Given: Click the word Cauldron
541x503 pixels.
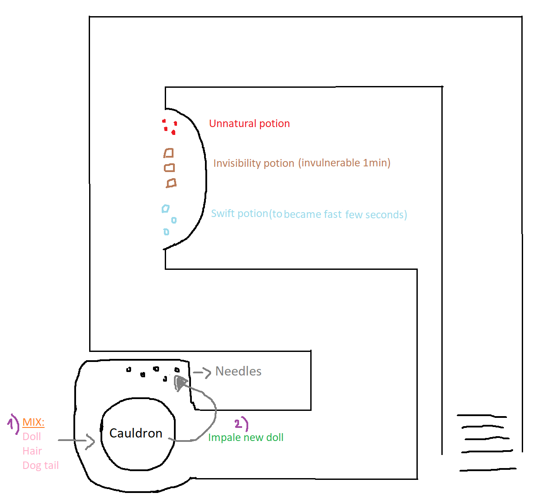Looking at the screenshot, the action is tap(135, 433).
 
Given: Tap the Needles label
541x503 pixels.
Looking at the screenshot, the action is tap(238, 371).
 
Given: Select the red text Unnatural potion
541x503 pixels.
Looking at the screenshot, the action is tap(249, 124).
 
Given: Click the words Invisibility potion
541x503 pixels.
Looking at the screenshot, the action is tap(253, 163).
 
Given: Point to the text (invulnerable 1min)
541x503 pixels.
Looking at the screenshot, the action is tap(344, 163).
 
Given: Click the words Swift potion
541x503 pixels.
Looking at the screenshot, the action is tap(240, 214).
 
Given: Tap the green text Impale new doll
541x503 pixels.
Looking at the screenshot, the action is tap(246, 438).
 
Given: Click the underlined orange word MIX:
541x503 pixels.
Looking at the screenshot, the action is tap(33, 422).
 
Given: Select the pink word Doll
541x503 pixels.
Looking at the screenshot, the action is tap(31, 437).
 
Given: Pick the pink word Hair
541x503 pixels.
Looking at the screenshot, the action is tap(32, 451).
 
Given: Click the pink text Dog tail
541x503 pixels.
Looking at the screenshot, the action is tap(41, 465).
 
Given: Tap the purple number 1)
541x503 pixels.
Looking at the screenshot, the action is tap(13, 424).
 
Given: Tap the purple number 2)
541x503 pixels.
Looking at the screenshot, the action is tap(241, 424).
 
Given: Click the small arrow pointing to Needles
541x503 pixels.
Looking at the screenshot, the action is tap(202, 372).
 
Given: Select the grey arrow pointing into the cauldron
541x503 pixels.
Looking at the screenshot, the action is tap(76, 440).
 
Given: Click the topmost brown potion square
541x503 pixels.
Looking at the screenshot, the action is tap(169, 153).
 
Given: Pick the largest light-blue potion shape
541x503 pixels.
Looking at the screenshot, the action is tap(166, 209).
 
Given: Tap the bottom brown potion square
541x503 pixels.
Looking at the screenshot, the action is tap(171, 183).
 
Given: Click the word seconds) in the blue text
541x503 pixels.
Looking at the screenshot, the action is tap(386, 215).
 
